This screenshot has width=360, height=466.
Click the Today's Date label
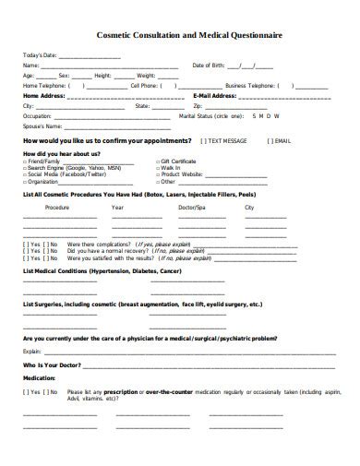pos(40,55)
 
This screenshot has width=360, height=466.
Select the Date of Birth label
pos(209,66)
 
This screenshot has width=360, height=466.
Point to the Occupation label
pos(38,115)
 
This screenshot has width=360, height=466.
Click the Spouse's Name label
pos(42,125)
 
